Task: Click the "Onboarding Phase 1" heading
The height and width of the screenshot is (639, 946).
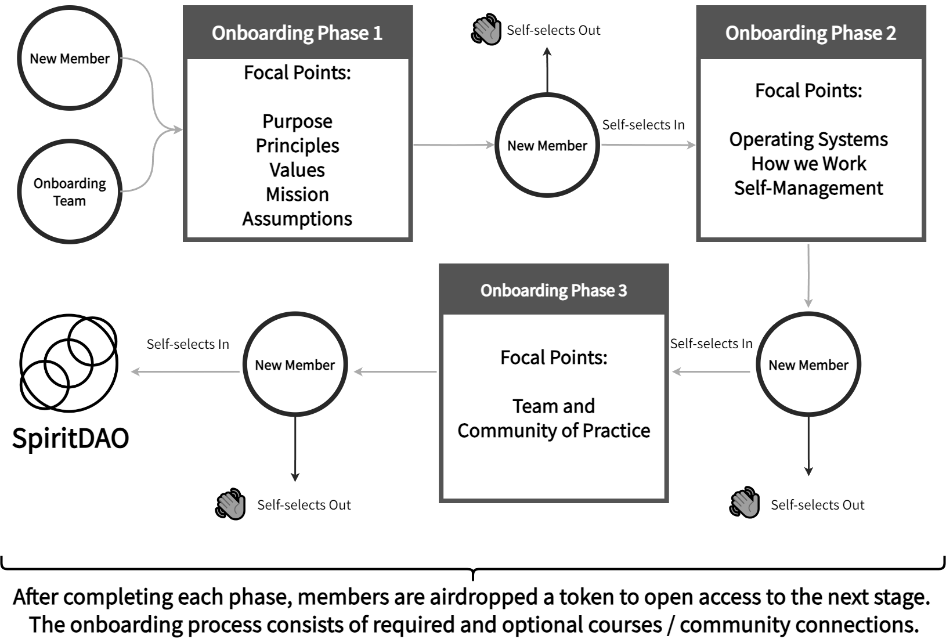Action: [x=297, y=33]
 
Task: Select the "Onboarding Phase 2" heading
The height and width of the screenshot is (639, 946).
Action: [x=810, y=33]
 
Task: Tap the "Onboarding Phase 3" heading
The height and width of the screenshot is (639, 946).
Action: [x=553, y=290]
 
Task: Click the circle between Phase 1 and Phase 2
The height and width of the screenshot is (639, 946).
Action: [x=547, y=145]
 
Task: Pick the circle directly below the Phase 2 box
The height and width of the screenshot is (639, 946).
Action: [x=808, y=364]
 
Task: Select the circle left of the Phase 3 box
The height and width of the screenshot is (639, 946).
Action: [x=295, y=364]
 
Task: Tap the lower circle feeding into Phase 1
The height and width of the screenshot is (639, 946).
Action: [x=70, y=191]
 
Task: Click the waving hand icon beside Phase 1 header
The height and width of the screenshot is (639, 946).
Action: [x=486, y=31]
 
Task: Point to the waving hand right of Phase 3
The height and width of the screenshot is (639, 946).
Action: [x=745, y=503]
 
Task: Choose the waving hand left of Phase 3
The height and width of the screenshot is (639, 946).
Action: [x=230, y=505]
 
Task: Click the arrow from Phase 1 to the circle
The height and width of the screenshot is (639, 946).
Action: [x=453, y=145]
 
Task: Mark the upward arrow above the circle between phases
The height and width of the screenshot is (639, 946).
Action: [x=547, y=69]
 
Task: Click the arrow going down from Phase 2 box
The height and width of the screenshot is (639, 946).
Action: [x=808, y=276]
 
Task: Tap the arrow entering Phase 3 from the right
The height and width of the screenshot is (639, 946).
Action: [x=711, y=371]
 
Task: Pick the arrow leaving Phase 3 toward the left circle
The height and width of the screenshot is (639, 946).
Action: [x=395, y=371]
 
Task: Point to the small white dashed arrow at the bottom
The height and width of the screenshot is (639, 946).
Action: [x=473, y=600]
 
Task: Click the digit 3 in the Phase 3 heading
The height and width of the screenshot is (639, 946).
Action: [x=623, y=290]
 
